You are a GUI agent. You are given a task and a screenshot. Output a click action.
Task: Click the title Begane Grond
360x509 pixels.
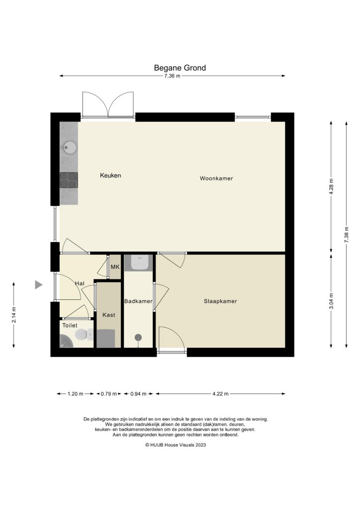click(180, 68)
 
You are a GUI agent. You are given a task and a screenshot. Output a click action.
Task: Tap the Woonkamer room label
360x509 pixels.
click(216, 178)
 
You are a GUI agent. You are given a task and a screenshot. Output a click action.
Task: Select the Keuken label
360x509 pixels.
click(110, 175)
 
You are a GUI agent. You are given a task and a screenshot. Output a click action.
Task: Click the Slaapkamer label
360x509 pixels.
click(220, 301)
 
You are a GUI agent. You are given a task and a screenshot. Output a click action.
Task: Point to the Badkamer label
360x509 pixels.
click(138, 301)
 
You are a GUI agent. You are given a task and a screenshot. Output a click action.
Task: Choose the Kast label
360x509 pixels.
click(108, 315)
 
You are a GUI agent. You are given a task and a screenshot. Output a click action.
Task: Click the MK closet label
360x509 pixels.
click(115, 267)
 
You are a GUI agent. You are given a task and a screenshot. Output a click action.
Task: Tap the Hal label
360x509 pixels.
click(80, 283)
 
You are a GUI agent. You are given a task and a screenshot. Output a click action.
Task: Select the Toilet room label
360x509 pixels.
click(70, 326)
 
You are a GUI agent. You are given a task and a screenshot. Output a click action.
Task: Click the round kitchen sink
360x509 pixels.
click(69, 147)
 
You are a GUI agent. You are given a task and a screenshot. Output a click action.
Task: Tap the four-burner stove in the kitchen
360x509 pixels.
click(69, 179)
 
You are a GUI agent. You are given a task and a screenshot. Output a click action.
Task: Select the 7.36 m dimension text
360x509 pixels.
click(172, 76)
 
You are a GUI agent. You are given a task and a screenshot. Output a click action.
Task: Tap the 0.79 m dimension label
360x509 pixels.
click(108, 394)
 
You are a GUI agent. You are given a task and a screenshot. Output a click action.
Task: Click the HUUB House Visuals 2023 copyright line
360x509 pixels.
click(175, 445)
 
